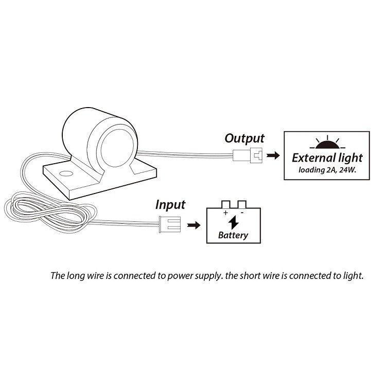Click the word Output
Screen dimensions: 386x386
click(x=244, y=138)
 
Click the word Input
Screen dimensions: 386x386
click(x=170, y=205)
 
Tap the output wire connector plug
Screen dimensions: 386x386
click(x=248, y=155)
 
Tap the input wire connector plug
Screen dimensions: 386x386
click(x=170, y=224)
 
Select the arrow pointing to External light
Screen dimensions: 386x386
click(x=273, y=155)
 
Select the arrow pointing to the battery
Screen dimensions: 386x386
click(x=194, y=225)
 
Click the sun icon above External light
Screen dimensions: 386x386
click(x=327, y=142)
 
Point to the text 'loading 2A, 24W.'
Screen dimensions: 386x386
click(x=327, y=170)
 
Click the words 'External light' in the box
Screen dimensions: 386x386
click(x=327, y=159)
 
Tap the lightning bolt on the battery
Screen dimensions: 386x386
click(x=233, y=222)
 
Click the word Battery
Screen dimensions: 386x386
click(x=233, y=235)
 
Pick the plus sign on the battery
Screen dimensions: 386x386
click(x=225, y=213)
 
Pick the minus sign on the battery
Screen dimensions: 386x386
click(x=242, y=213)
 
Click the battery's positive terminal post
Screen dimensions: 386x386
click(x=226, y=204)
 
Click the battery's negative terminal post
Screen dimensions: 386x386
click(x=242, y=204)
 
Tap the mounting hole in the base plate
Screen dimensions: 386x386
click(x=66, y=173)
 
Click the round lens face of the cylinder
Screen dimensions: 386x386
click(x=117, y=148)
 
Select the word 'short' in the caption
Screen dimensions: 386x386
click(x=250, y=275)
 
